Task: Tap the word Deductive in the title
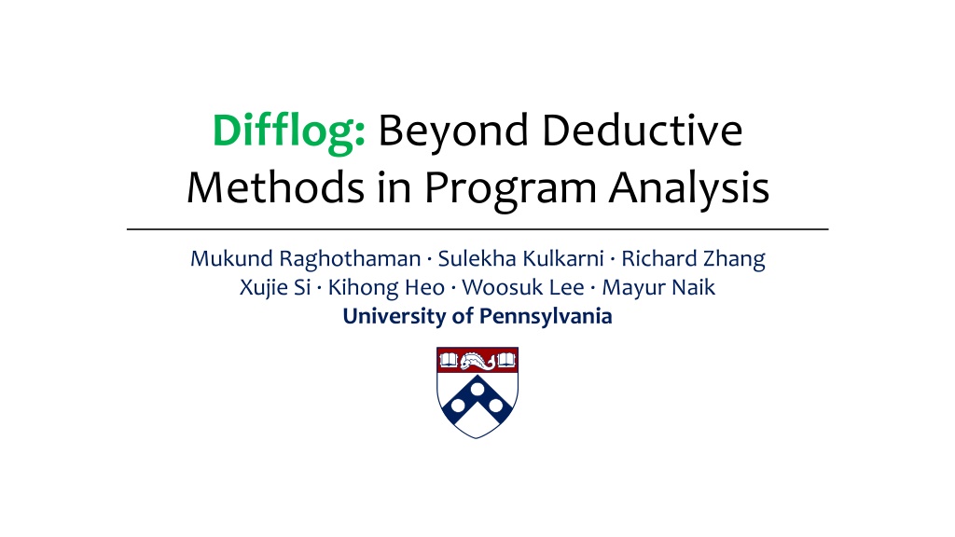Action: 643,131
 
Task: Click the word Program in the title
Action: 510,190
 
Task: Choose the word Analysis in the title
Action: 689,189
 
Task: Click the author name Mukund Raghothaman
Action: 306,259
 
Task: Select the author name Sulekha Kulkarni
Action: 520,258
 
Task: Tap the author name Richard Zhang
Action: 693,259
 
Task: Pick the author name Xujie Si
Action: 275,287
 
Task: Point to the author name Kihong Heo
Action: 387,288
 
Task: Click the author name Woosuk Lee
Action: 523,287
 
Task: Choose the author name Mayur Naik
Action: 658,288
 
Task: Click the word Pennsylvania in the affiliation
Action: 546,317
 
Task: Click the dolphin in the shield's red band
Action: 477,362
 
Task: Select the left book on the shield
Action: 449,361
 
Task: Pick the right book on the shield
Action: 506,361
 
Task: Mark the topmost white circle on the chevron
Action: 477,389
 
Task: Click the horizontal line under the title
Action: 477,229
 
